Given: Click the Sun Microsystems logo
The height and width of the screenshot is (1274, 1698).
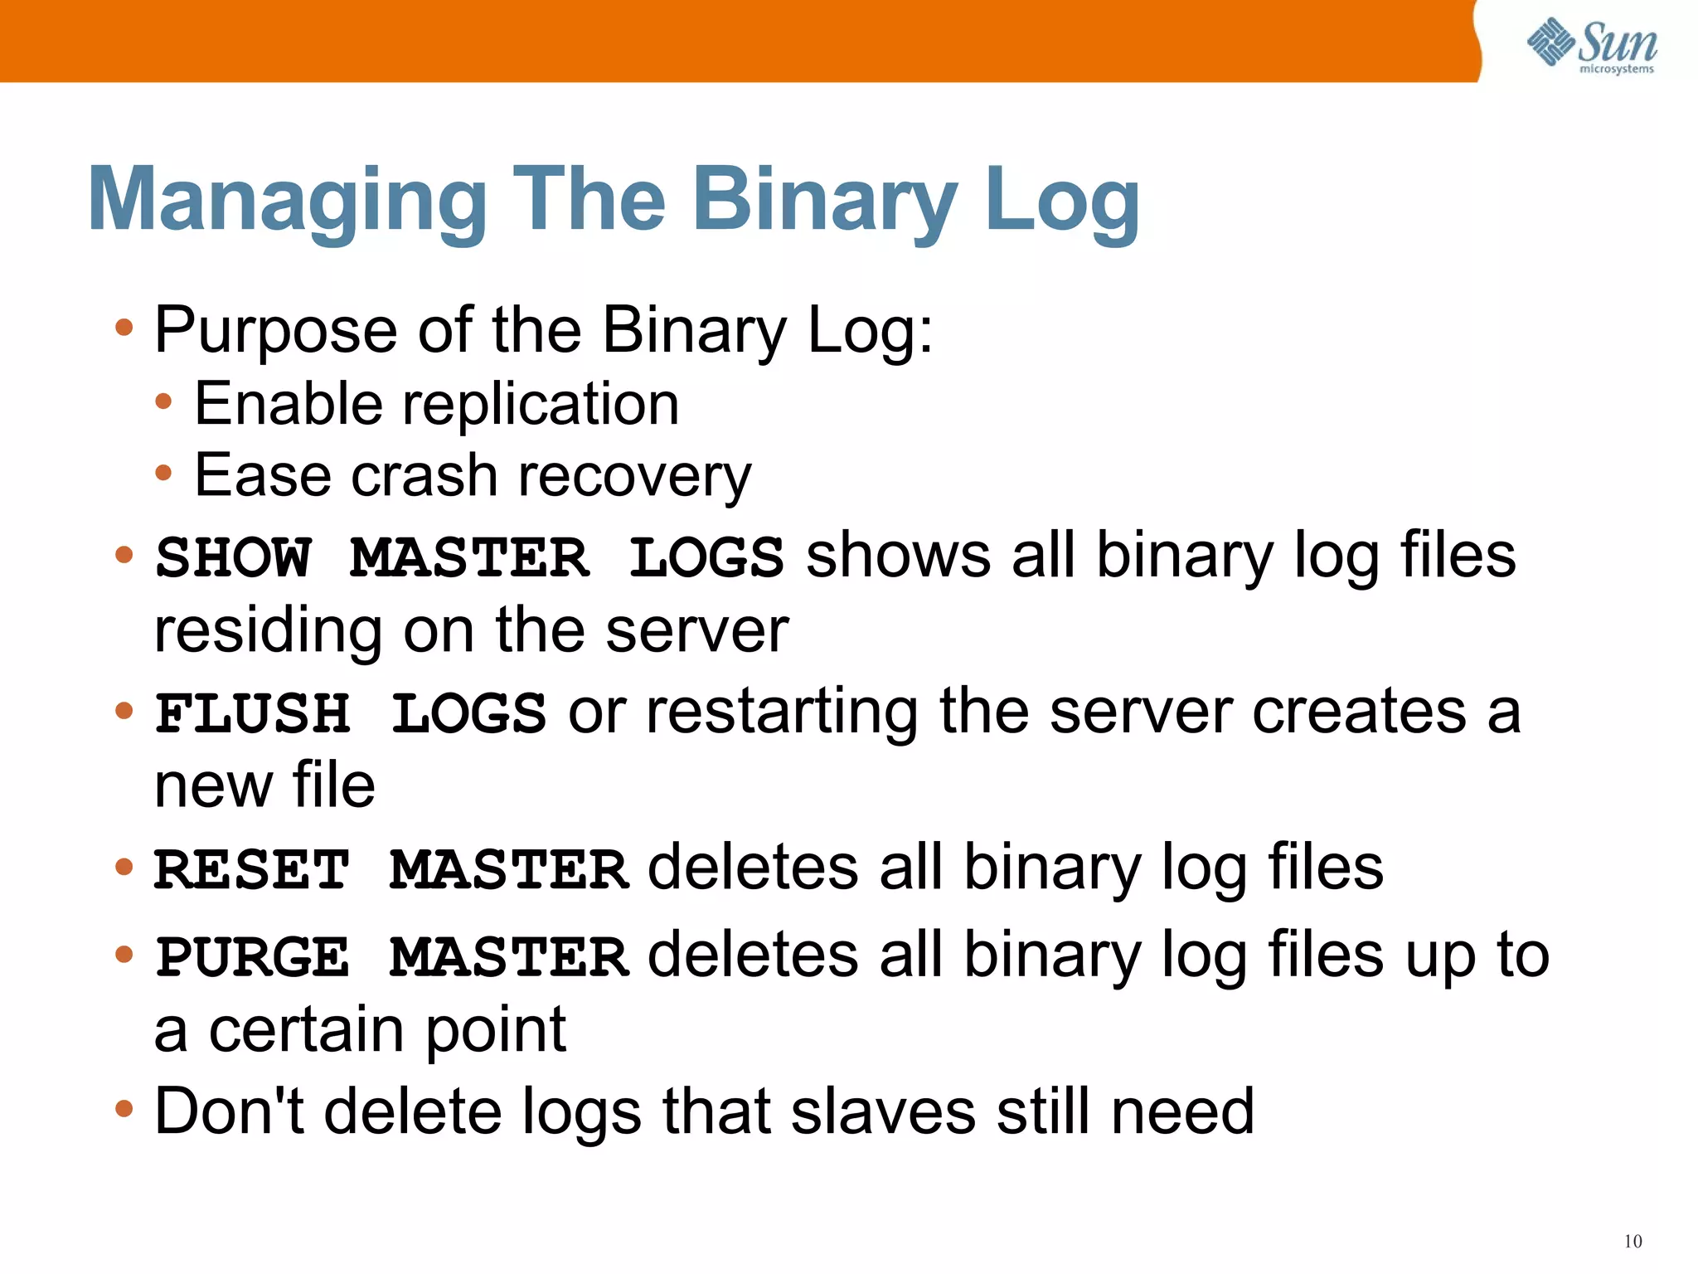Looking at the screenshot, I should pyautogui.click(x=1591, y=45).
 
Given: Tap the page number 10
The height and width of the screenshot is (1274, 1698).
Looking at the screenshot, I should pyautogui.click(x=1633, y=1242).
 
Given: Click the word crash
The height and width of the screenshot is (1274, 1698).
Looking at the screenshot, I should pyautogui.click(x=424, y=476).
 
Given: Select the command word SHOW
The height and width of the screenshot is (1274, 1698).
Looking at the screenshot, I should pyautogui.click(x=234, y=557).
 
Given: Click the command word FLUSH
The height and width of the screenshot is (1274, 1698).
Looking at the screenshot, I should pyautogui.click(x=253, y=713).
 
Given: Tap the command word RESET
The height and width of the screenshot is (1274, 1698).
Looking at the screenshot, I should pyautogui.click(x=252, y=870).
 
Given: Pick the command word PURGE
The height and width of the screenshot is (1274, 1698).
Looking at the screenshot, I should pyautogui.click(x=253, y=956).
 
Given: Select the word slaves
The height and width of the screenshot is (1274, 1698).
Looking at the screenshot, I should pyautogui.click(x=883, y=1111).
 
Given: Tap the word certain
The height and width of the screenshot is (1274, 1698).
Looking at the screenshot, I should pyautogui.click(x=316, y=1030).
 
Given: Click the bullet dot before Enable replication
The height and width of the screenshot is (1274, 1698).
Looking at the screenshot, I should pyautogui.click(x=164, y=402).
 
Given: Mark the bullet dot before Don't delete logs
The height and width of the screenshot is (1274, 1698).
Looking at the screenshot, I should pyautogui.click(x=124, y=1108).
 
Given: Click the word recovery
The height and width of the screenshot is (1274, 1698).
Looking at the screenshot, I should pyautogui.click(x=634, y=476).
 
